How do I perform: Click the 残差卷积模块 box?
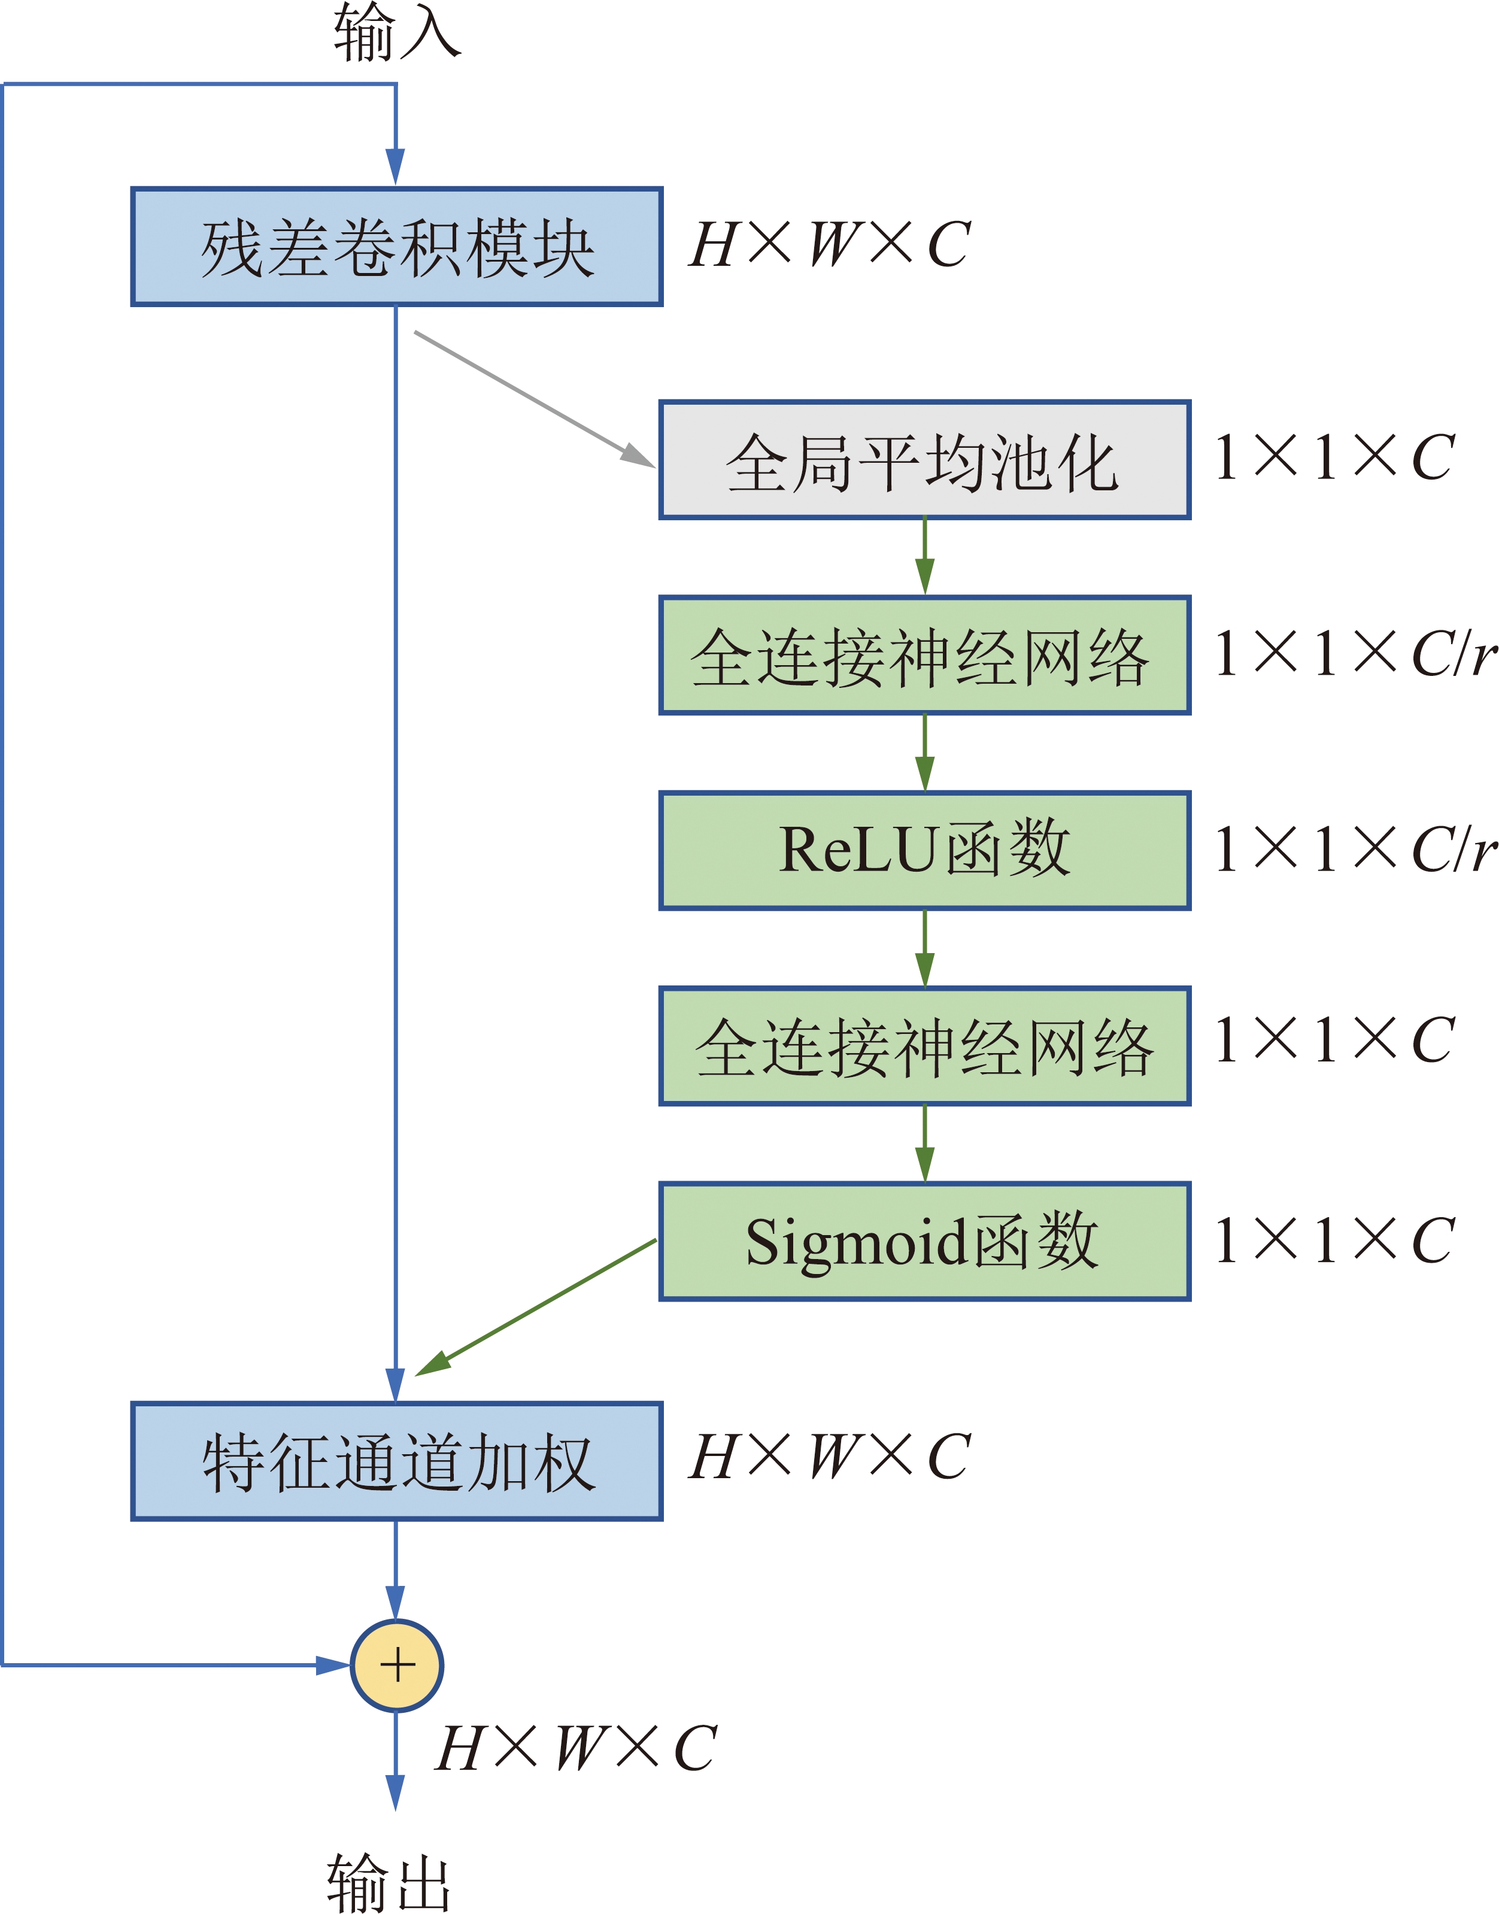click(397, 247)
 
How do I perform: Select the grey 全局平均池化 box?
click(924, 460)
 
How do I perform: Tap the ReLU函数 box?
click(924, 850)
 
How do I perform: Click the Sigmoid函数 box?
click(924, 1241)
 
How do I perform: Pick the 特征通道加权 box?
click(397, 1461)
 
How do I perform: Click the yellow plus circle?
click(397, 1665)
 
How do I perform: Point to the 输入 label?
click(397, 34)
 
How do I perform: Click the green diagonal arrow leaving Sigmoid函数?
click(535, 1308)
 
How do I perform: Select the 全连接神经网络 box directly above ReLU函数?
click(924, 656)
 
